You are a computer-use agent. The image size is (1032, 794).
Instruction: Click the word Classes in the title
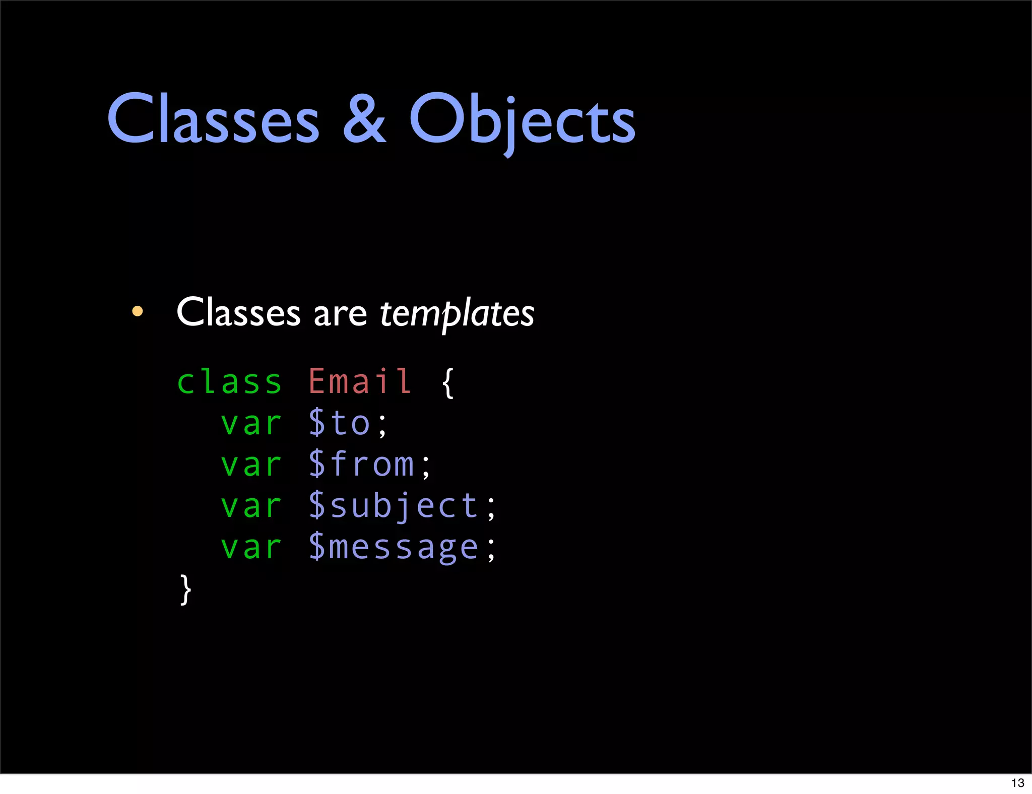pyautogui.click(x=213, y=119)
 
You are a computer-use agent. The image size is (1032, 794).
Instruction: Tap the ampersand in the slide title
pyautogui.click(x=364, y=119)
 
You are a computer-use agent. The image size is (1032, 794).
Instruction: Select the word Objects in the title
pyautogui.click(x=522, y=121)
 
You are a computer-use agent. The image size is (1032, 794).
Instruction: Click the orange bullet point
pyautogui.click(x=137, y=311)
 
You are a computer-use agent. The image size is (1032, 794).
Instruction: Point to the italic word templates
pyautogui.click(x=457, y=313)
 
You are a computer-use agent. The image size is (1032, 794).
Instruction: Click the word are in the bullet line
pyautogui.click(x=340, y=313)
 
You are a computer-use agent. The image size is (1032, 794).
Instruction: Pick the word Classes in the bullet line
pyautogui.click(x=238, y=312)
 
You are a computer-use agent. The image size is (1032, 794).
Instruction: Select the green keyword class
pyautogui.click(x=229, y=382)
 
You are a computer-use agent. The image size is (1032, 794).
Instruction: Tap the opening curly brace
pyautogui.click(x=447, y=383)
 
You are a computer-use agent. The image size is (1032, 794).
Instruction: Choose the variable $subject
pyautogui.click(x=394, y=506)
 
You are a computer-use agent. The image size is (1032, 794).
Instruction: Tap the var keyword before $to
pyautogui.click(x=251, y=423)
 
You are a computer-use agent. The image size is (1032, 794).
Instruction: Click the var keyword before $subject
pyautogui.click(x=251, y=506)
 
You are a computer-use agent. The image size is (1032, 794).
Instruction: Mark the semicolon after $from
pyautogui.click(x=426, y=467)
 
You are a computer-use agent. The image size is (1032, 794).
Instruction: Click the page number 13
pyautogui.click(x=1017, y=783)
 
